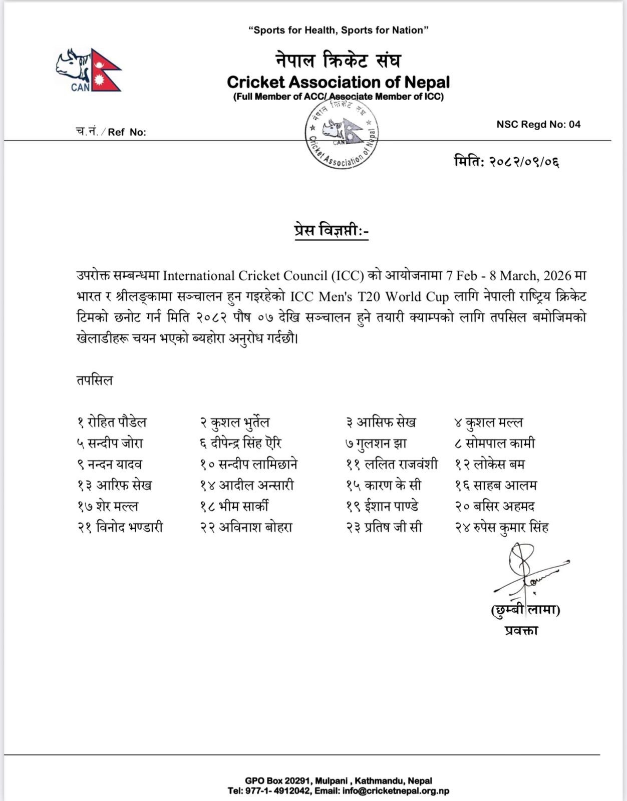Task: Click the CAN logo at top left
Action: pos(88,70)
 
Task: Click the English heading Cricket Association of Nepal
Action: pos(339,82)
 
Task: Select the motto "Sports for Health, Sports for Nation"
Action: pos(339,31)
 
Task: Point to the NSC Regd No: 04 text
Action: pos(538,124)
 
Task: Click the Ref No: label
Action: pos(111,132)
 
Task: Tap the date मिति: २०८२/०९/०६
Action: pos(506,162)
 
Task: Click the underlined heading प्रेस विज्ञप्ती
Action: pos(331,231)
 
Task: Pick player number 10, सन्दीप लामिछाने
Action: pos(248,465)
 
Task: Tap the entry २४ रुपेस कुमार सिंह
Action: pos(502,527)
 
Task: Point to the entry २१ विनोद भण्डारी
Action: pos(120,527)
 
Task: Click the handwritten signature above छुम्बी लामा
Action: pos(526,571)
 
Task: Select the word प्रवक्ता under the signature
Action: pos(521,630)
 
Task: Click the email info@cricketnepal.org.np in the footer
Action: pos(396,791)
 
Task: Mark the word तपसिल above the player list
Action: pos(95,380)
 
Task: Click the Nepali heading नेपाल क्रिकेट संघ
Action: pos(339,61)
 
